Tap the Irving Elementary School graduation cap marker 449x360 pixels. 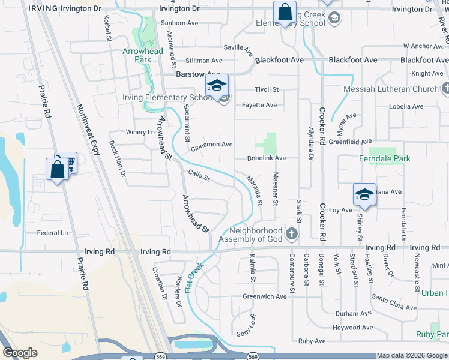(x=217, y=85)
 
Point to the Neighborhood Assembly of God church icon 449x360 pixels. (x=292, y=233)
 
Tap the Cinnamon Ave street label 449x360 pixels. (x=211, y=145)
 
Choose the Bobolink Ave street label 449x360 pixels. (x=266, y=158)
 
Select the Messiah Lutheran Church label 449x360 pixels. (x=391, y=89)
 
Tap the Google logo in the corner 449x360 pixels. (x=20, y=353)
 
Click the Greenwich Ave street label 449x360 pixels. (x=265, y=296)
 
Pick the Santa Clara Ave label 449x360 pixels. (x=394, y=302)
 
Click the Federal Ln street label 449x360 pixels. (x=53, y=233)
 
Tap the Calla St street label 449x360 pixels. (x=199, y=176)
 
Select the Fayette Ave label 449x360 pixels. (x=259, y=105)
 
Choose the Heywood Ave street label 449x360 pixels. (x=352, y=328)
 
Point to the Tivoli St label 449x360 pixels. (x=267, y=89)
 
